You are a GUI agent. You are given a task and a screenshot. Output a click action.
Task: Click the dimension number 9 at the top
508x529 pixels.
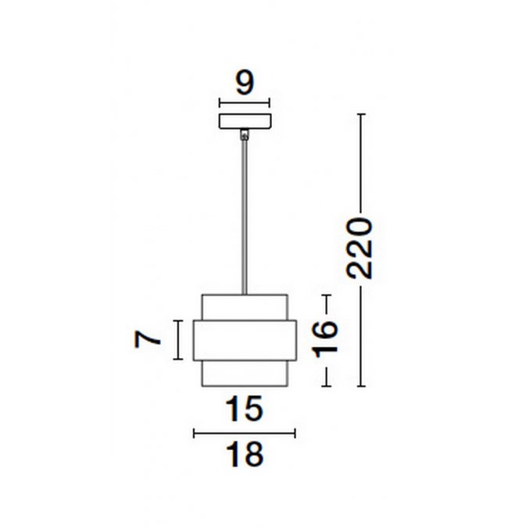click(245, 83)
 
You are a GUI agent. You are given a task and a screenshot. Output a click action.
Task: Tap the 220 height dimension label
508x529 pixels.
click(360, 248)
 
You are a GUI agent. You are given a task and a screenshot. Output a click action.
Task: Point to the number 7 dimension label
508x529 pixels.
click(147, 339)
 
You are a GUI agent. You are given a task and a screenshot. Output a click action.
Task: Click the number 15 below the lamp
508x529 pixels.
click(244, 409)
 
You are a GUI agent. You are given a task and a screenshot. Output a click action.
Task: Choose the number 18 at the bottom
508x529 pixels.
click(244, 454)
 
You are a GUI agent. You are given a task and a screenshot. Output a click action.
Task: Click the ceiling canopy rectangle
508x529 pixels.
click(245, 121)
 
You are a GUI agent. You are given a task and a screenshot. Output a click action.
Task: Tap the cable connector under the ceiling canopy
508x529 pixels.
click(245, 134)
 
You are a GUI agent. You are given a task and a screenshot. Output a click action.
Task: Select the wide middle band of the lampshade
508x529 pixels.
click(245, 340)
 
